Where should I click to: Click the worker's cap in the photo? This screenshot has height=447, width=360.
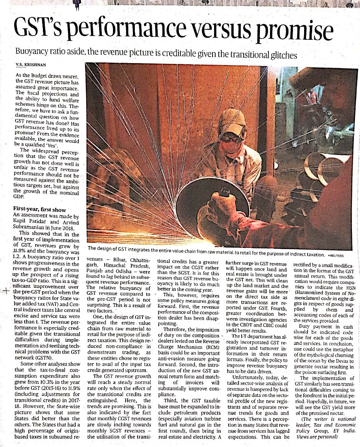[232, 121]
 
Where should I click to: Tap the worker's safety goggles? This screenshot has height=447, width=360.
[232, 137]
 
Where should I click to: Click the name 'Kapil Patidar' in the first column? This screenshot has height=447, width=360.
[29, 222]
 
